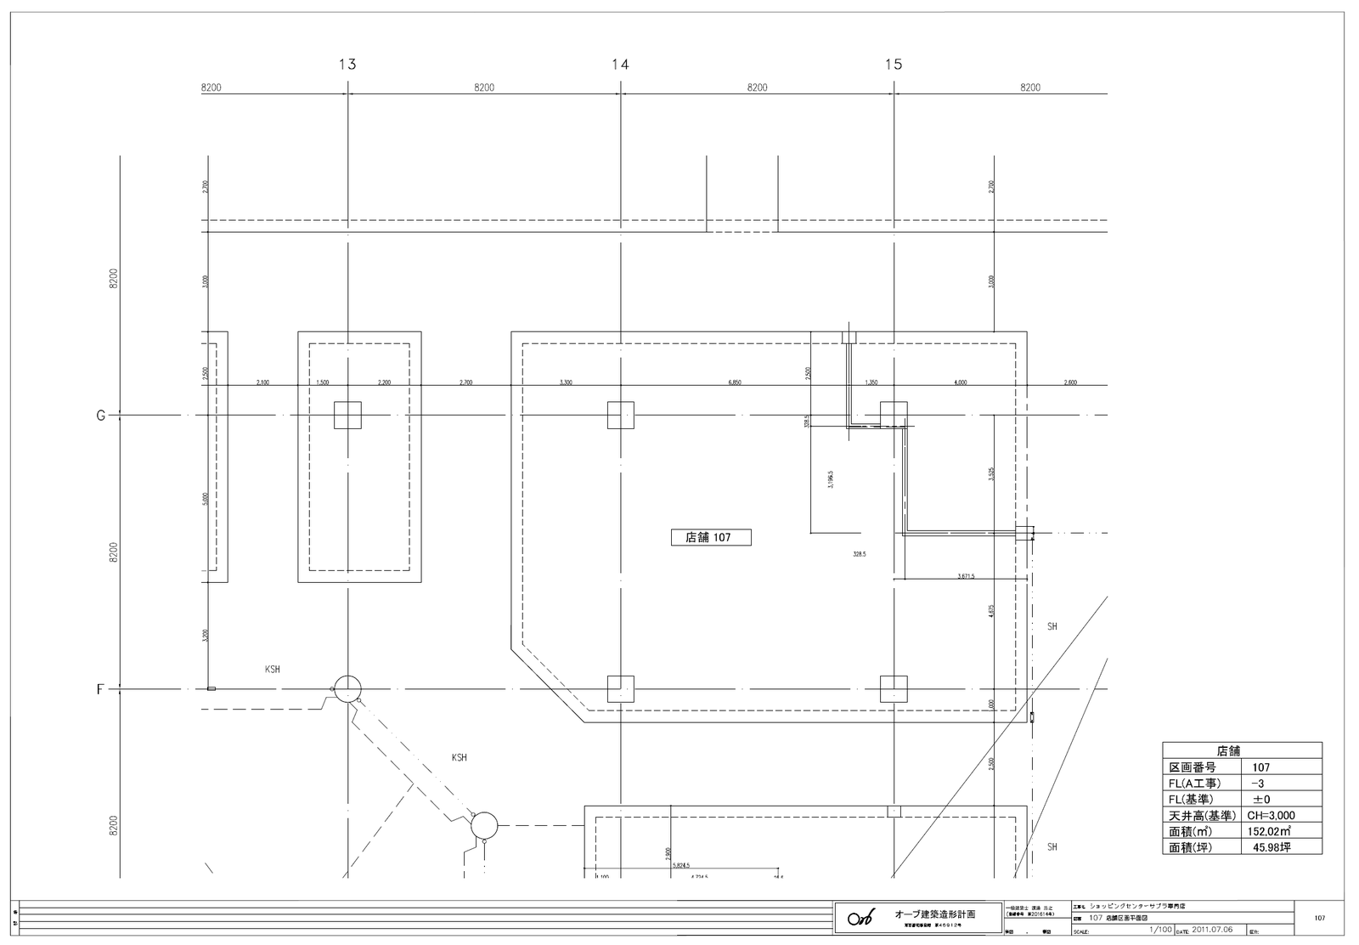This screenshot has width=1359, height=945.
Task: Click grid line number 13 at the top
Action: (x=347, y=64)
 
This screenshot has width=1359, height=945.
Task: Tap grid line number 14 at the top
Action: (x=620, y=64)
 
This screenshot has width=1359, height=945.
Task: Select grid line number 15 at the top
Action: (x=894, y=64)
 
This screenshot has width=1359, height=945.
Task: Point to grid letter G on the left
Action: (x=100, y=416)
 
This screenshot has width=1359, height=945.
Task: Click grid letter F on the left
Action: (x=100, y=689)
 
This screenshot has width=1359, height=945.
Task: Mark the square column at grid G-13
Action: (x=347, y=416)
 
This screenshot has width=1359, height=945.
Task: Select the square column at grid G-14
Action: (x=621, y=416)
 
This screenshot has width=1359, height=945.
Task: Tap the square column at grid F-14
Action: (x=621, y=688)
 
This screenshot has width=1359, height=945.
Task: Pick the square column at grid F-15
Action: (x=894, y=688)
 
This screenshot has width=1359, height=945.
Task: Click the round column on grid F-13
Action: (x=347, y=689)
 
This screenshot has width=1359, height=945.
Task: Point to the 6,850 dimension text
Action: (x=735, y=383)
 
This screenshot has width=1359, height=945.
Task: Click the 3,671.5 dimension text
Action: (x=966, y=576)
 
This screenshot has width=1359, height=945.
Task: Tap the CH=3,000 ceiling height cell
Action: (x=1271, y=815)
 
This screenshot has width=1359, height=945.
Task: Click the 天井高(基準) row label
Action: (x=1202, y=815)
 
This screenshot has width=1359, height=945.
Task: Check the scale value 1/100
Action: (x=1159, y=930)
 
